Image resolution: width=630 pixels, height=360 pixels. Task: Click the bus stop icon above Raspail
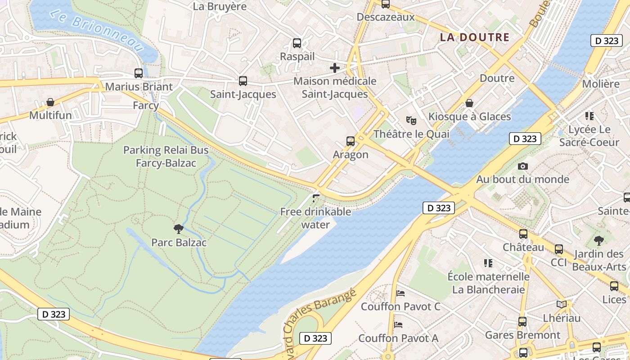coord(297,43)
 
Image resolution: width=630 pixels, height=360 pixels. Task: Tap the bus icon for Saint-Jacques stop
coord(243,81)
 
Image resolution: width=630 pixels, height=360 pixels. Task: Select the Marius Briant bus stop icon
coord(139,73)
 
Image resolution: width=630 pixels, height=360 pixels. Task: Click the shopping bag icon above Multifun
coord(50,102)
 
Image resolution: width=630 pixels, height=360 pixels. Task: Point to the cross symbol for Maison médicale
coord(335,68)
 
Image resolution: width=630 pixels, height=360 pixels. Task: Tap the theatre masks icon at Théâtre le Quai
coord(411,121)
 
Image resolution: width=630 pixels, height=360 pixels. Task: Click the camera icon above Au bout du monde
coord(522,166)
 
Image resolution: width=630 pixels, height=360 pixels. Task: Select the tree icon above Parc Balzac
coord(179,229)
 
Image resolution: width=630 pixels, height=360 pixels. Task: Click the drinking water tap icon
coord(316,198)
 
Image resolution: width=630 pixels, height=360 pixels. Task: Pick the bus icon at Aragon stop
coord(351,141)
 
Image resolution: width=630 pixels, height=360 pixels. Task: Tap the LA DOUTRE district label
coord(474,38)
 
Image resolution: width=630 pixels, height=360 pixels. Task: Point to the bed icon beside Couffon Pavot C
coord(400,293)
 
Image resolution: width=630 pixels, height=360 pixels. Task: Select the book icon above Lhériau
coord(561,305)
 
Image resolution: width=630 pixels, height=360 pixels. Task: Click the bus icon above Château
coord(523,234)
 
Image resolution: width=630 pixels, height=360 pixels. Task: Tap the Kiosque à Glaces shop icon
coord(469,103)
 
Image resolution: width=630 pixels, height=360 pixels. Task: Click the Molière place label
coord(601,84)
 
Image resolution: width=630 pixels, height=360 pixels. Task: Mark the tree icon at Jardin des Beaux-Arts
coord(598,240)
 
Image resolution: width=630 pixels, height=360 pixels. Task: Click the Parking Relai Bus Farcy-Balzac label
coord(166,156)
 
